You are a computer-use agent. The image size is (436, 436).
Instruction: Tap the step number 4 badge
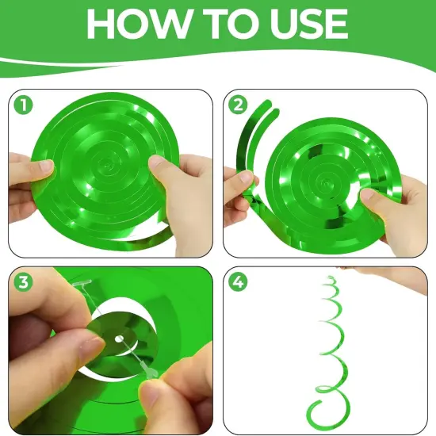coord(237,281)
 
